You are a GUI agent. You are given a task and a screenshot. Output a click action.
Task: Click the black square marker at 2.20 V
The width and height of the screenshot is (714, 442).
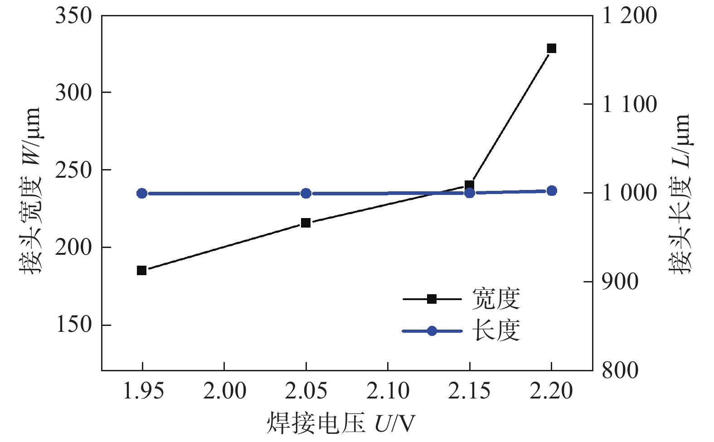(x=551, y=49)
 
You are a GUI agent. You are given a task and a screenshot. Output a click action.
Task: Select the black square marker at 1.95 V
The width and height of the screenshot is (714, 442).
(x=142, y=271)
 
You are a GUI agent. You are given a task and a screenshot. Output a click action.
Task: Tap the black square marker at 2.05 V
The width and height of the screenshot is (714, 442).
(x=306, y=223)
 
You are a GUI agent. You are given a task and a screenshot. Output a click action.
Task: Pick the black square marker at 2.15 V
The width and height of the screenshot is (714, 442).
(x=469, y=185)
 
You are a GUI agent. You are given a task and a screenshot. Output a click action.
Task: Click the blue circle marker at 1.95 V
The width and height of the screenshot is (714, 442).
(x=142, y=194)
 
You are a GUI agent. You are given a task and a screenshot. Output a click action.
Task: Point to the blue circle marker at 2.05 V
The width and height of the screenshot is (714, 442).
(x=306, y=194)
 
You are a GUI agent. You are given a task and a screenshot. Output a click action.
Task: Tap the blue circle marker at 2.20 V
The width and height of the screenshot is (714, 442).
(x=552, y=191)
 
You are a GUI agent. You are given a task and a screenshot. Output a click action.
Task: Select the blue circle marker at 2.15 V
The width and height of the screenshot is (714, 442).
(x=470, y=193)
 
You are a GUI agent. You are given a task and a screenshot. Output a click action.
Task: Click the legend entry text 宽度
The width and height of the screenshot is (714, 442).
(x=495, y=299)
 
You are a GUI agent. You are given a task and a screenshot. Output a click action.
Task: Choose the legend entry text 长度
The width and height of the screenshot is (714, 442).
(x=495, y=330)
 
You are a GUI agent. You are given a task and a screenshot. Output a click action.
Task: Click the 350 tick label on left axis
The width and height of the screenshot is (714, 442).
(x=73, y=16)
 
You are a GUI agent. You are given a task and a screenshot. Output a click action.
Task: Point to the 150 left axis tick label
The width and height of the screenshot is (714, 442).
(x=73, y=325)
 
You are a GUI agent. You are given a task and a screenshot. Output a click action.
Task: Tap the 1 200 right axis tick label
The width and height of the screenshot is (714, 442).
(x=629, y=16)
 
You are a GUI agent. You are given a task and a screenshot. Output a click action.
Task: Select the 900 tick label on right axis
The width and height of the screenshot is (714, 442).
(x=620, y=282)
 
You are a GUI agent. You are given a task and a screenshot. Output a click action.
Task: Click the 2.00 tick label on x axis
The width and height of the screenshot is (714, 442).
(x=224, y=391)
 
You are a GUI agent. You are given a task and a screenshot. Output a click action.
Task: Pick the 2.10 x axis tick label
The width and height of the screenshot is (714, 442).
(x=388, y=391)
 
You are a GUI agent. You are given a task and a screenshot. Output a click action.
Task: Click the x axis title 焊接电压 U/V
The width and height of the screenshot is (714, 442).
(x=340, y=423)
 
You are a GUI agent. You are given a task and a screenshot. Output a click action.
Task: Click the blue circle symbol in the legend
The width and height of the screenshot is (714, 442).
(x=432, y=331)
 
